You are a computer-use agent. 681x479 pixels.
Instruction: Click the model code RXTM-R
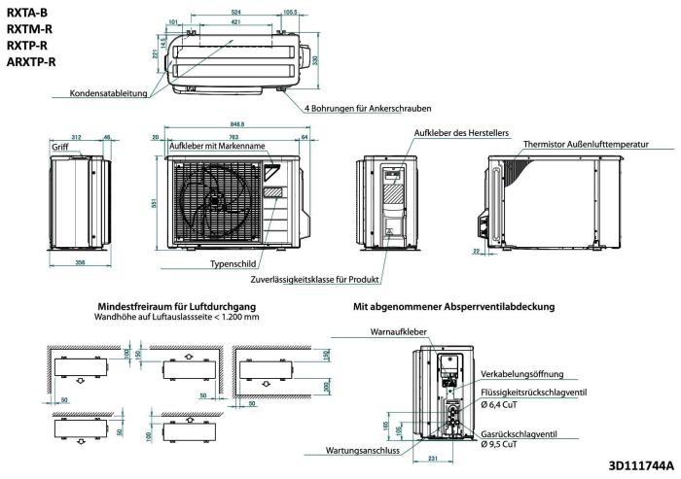(29, 29)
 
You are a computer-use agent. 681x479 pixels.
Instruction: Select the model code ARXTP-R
(31, 62)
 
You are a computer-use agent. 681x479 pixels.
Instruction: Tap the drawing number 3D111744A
(641, 466)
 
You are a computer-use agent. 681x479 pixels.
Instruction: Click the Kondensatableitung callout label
(109, 93)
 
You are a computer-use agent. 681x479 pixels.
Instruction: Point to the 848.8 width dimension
(237, 124)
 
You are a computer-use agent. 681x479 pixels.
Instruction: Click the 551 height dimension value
(154, 203)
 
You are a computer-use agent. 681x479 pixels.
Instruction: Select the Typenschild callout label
(233, 264)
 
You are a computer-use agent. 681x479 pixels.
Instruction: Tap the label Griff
(60, 147)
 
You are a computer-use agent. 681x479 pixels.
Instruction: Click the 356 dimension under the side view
(81, 262)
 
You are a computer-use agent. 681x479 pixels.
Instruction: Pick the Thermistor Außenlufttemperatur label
(586, 144)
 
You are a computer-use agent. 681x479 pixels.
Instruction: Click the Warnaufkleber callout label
(398, 332)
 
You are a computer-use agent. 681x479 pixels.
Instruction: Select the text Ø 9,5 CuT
(499, 444)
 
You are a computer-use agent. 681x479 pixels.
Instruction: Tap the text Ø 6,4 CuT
(499, 405)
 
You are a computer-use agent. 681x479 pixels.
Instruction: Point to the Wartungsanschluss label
(363, 451)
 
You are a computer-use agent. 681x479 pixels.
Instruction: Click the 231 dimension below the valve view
(433, 459)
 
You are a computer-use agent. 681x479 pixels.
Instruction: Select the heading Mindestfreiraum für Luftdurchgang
(177, 307)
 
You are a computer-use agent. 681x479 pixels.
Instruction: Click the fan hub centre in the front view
(214, 201)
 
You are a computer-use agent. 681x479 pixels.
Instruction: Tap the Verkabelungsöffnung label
(522, 374)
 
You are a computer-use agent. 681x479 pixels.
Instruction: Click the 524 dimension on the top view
(235, 13)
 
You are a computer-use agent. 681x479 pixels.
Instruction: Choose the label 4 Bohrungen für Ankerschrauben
(368, 109)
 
